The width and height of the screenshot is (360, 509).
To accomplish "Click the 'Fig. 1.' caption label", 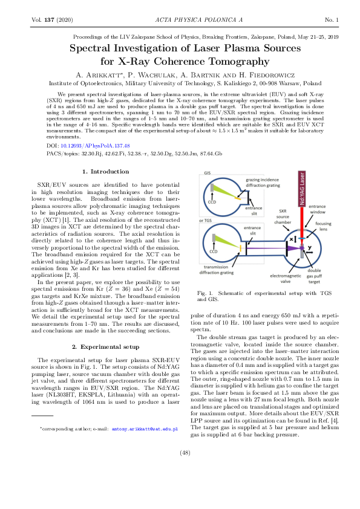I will [206, 293].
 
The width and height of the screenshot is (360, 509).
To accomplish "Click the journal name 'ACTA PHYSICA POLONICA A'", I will [180, 21].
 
